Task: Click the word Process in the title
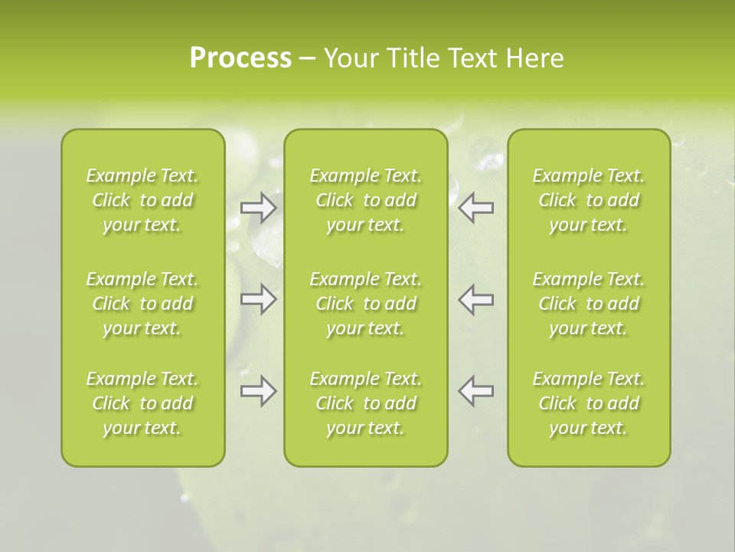pos(240,58)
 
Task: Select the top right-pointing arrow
pos(259,207)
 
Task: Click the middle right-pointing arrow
pos(259,299)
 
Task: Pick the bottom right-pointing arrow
pos(259,391)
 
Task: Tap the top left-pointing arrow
pos(475,207)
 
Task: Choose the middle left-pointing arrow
pos(475,299)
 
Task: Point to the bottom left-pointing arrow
pos(475,391)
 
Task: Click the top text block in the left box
pos(142,200)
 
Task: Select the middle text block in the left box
pos(142,304)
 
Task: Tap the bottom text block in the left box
pos(142,403)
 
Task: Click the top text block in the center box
pos(366,200)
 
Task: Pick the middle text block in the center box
pos(366,304)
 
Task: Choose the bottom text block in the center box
pos(366,403)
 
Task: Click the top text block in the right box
pos(589,200)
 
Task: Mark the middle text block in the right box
pos(589,304)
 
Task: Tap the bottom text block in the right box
pos(589,403)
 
